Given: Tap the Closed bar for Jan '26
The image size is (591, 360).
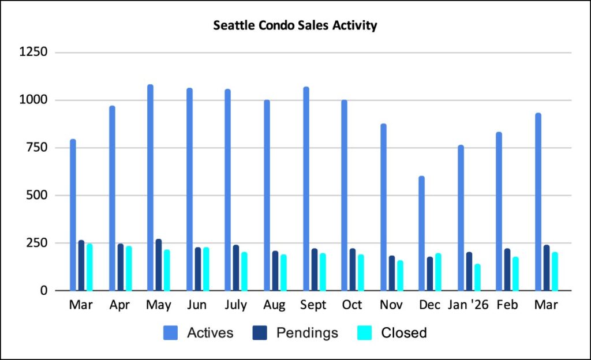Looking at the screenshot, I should (x=477, y=277).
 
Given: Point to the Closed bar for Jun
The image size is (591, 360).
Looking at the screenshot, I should (x=205, y=269).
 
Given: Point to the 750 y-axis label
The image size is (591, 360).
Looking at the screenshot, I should (x=39, y=148).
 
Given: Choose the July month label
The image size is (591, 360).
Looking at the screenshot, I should (x=235, y=305).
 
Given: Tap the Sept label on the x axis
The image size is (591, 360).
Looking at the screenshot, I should (x=313, y=305).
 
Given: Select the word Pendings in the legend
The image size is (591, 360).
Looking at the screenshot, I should (x=307, y=333).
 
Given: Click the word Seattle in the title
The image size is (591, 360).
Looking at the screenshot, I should (x=233, y=26).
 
